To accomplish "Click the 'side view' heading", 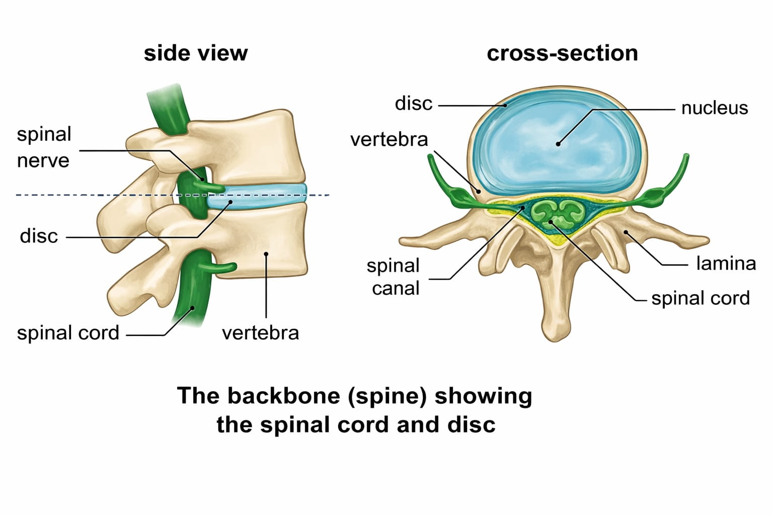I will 195,53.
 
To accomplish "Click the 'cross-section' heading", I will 562,53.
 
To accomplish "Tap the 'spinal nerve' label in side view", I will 44,147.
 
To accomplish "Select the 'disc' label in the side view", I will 39,236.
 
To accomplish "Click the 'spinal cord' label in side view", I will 68,333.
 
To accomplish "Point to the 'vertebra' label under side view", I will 260,333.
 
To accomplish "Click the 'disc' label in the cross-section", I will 413,104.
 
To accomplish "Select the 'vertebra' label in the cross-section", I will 389,139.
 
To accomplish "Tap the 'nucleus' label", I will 714,108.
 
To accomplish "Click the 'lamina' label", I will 726,264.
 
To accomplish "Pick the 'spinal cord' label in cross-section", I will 700,298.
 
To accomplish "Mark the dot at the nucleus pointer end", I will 558,144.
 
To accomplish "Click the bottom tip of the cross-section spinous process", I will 556,337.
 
